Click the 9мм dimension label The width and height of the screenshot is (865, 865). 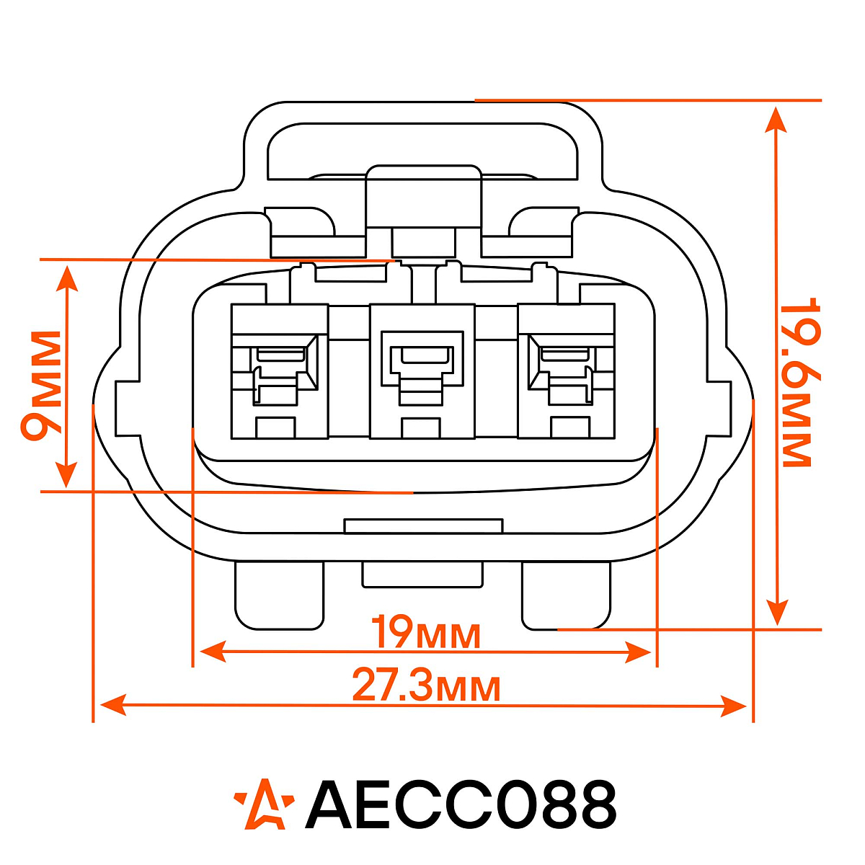click(x=41, y=386)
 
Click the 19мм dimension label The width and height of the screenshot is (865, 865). click(x=425, y=633)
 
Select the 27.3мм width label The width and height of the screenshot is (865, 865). click(x=426, y=686)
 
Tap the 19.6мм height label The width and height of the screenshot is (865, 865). click(x=797, y=382)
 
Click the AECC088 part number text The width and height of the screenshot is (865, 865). click(x=461, y=804)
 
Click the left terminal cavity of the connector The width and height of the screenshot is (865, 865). click(x=279, y=371)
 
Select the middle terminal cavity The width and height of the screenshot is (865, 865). click(x=422, y=371)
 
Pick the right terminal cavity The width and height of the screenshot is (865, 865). click(x=566, y=371)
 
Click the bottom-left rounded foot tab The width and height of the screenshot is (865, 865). click(x=279, y=595)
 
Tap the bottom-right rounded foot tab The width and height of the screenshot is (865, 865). click(x=566, y=595)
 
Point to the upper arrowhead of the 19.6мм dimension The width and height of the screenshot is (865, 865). click(x=776, y=119)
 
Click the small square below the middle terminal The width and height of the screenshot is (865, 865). click(x=421, y=427)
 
